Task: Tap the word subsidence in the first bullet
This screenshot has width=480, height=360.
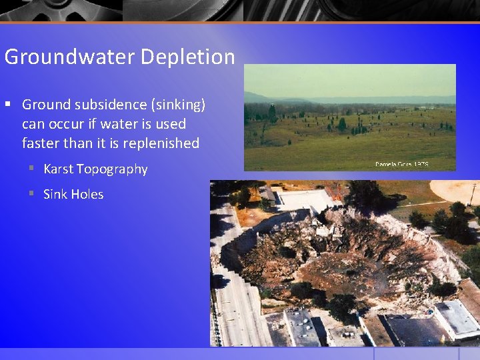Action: click(104, 105)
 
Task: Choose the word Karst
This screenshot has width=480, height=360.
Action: click(58, 169)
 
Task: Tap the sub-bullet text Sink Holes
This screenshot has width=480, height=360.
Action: click(73, 194)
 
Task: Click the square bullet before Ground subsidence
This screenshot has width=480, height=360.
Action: click(8, 105)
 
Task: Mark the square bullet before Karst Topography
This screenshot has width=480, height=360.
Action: click(31, 169)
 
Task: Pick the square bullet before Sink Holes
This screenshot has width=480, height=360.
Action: click(31, 194)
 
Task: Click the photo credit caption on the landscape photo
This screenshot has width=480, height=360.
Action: click(401, 163)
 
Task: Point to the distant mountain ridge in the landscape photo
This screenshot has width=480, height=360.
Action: click(280, 97)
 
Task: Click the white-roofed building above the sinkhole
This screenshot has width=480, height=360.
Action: click(303, 198)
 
